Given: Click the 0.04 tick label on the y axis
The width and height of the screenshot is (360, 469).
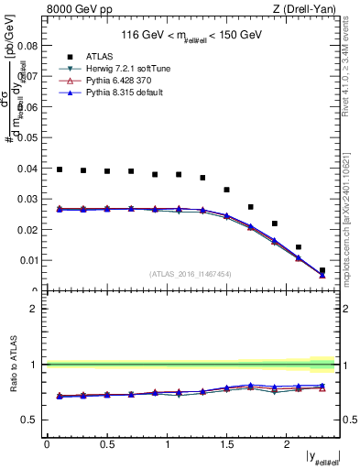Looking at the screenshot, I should [x=30, y=168].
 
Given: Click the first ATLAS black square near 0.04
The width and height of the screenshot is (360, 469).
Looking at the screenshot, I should [x=60, y=169].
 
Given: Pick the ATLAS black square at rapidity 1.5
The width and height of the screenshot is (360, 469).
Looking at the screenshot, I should [x=226, y=190].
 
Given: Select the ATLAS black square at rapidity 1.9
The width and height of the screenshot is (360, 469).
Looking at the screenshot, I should [x=275, y=224].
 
